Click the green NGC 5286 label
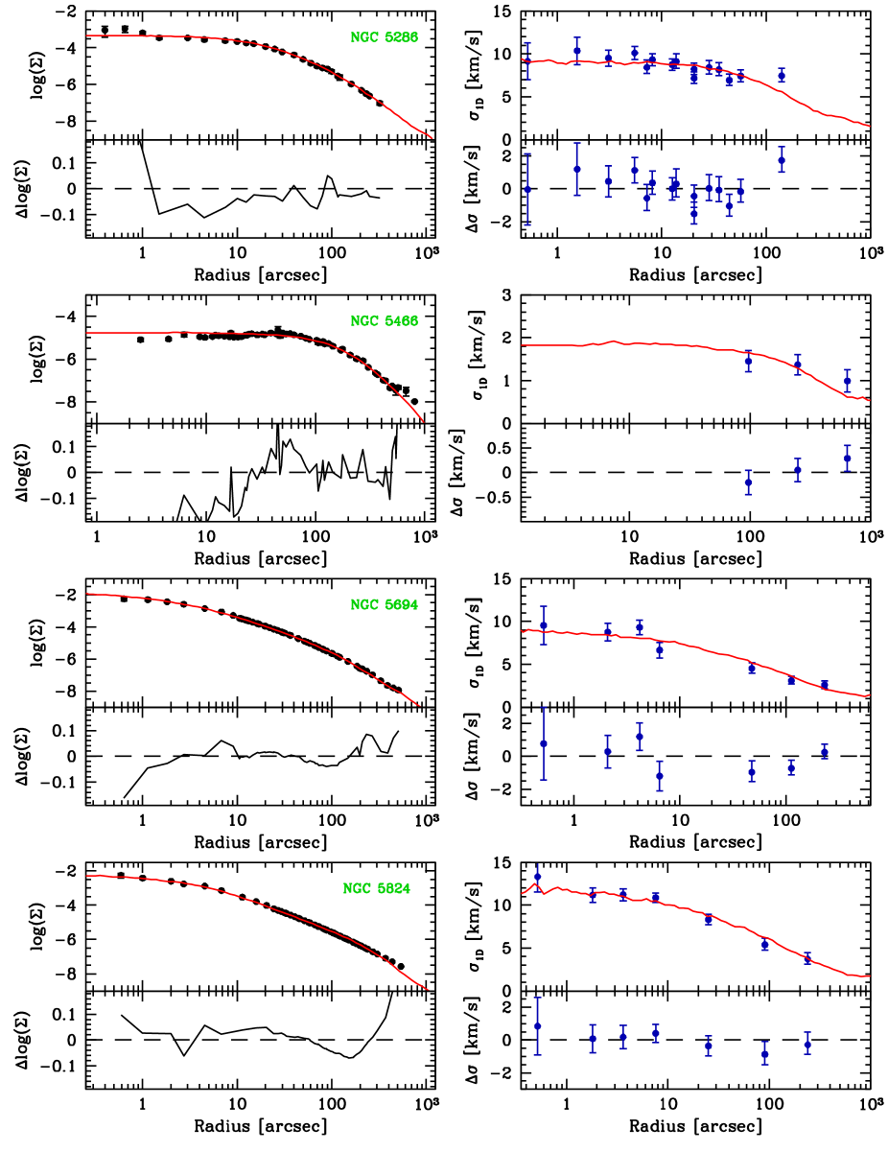(x=384, y=37)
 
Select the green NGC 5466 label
(x=384, y=321)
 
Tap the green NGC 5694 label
(x=384, y=605)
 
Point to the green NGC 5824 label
(x=377, y=889)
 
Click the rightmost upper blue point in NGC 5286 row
(x=782, y=75)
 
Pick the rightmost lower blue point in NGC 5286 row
(x=782, y=160)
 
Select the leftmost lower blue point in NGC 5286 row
(x=527, y=189)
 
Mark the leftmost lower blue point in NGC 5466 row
(x=748, y=482)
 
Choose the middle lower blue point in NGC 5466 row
(x=798, y=470)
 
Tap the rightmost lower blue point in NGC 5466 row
(x=848, y=458)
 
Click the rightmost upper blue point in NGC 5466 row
(x=848, y=381)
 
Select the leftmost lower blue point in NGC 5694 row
(x=544, y=743)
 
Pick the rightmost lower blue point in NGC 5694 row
(x=825, y=751)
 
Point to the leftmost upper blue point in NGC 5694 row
(x=544, y=624)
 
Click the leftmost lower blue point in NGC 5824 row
(x=537, y=1025)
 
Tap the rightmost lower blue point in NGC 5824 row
(x=807, y=1044)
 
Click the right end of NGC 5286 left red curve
(x=432, y=138)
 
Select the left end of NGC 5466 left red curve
(x=86, y=333)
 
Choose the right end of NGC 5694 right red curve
(x=869, y=694)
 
